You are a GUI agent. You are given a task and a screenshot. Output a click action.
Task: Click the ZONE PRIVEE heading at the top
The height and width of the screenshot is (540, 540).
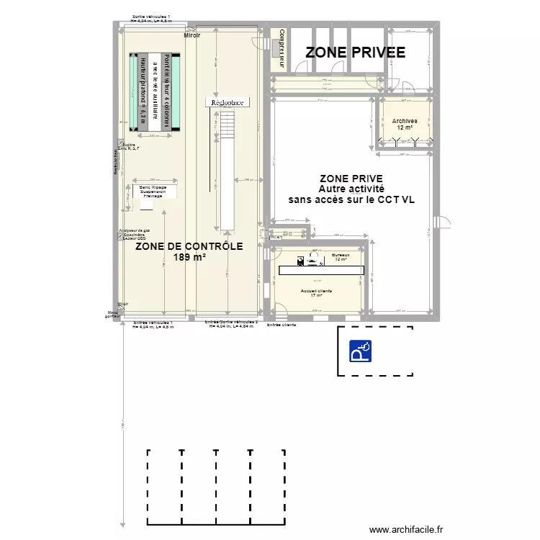pos(355,52)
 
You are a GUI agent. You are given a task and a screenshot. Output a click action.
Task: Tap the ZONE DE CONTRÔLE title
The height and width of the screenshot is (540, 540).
pos(189,246)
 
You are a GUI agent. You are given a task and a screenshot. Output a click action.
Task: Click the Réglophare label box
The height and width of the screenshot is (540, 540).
pos(227,102)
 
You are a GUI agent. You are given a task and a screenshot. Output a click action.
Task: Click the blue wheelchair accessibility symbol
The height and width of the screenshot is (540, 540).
pos(359,351)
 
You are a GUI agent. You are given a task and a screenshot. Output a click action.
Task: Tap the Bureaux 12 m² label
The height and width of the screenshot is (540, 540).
pos(341,257)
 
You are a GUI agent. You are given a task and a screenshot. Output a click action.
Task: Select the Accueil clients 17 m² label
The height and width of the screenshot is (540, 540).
pos(316,293)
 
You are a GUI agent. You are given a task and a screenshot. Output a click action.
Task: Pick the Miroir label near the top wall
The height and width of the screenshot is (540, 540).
pos(192,35)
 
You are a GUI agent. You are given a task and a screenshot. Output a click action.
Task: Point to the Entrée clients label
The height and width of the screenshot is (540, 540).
pos(282,325)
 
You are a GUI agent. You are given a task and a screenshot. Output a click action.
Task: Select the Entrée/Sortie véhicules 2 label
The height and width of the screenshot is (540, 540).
pos(230,323)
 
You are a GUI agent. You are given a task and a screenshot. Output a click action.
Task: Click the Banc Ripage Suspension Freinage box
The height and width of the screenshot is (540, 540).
pos(153,192)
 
